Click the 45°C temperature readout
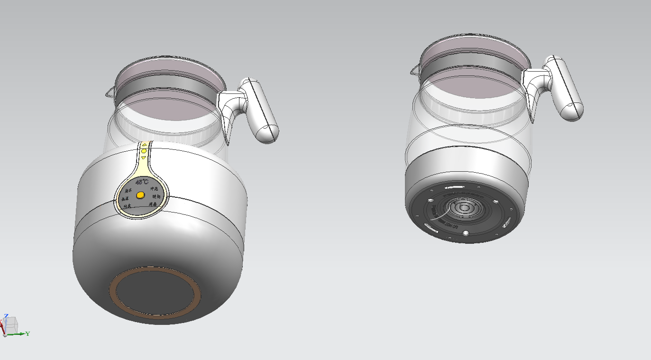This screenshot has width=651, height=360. (x=142, y=182)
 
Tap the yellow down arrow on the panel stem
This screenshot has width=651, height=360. (x=144, y=157)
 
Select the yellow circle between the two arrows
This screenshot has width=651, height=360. (x=144, y=151)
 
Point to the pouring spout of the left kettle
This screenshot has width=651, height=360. (x=110, y=93)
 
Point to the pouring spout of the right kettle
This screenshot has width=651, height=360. (x=414, y=71)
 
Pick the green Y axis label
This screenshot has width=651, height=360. (x=28, y=334)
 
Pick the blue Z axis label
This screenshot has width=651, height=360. (x=6, y=315)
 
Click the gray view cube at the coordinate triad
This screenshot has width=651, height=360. (x=11, y=325)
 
